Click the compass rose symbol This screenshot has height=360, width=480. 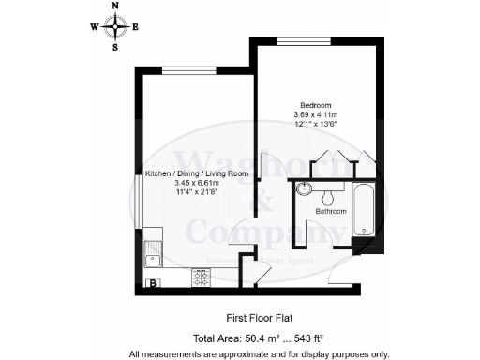pos(115,25)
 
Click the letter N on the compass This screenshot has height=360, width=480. pos(115,7)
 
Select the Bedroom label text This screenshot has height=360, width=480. pos(314,104)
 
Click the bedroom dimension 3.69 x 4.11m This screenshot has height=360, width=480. pos(314,114)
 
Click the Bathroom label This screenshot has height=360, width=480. pos(330,212)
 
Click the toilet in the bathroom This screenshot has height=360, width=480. pos(328,195)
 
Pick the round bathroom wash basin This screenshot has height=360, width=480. pos(303,189)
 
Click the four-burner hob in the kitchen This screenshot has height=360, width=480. pos(202,277)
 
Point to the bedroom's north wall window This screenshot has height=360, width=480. pos(297,39)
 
